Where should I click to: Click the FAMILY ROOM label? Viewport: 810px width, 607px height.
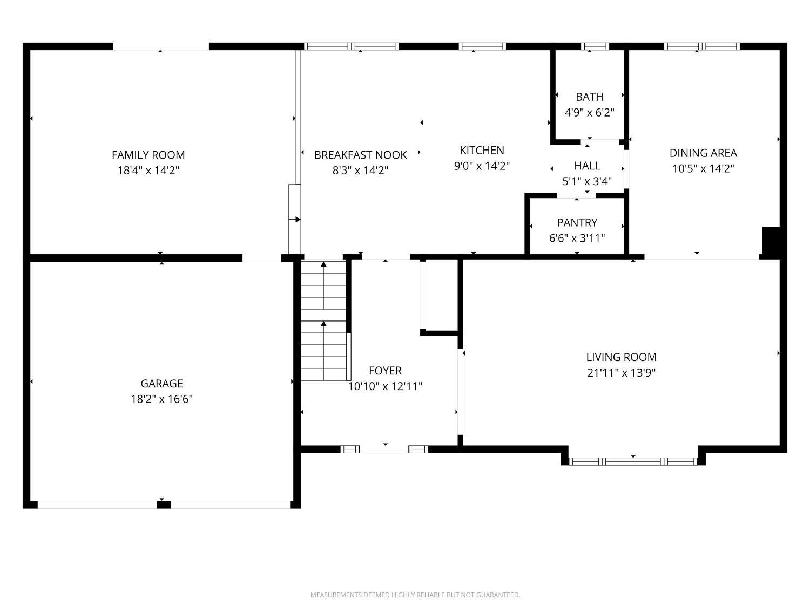(148, 155)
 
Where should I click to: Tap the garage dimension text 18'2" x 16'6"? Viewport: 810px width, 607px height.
(161, 399)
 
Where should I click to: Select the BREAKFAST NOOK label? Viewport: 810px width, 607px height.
(361, 155)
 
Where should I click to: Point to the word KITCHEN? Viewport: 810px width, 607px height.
(482, 151)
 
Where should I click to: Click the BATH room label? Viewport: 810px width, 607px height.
(589, 97)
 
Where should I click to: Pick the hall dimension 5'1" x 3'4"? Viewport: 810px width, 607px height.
(587, 181)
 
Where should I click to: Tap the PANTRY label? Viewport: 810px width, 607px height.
(577, 223)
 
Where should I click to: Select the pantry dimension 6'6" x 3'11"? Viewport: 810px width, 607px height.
(577, 238)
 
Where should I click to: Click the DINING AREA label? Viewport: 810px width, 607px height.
(703, 153)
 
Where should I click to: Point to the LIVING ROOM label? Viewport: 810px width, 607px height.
(621, 357)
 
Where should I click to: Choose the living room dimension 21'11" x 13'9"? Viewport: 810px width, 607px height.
(621, 373)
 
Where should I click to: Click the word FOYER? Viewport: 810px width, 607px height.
(385, 371)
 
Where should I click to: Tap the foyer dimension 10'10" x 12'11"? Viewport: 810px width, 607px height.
(385, 386)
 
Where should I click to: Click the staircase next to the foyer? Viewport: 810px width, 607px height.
(323, 320)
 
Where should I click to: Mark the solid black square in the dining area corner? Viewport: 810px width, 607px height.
(771, 240)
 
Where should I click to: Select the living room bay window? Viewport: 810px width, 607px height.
(633, 461)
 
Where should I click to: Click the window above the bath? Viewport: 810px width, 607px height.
(595, 46)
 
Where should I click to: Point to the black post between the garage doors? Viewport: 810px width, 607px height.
(164, 504)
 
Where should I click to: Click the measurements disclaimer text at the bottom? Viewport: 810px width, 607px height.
(415, 595)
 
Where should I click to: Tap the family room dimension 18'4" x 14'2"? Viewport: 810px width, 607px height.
(148, 170)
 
